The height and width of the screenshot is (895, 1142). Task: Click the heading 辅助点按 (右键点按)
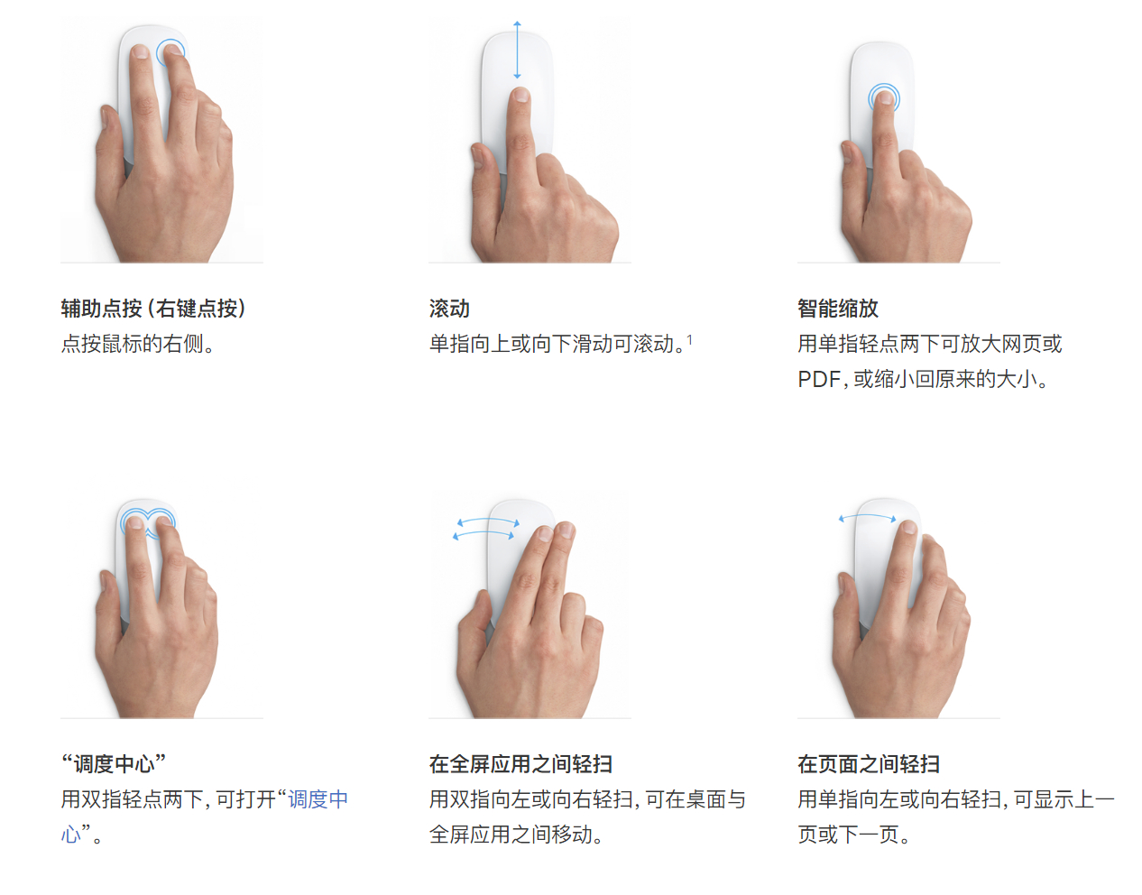153,309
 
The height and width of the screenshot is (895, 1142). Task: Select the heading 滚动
449,309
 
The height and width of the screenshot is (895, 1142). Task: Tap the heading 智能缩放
837,309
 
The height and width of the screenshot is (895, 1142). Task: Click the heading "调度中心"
114,764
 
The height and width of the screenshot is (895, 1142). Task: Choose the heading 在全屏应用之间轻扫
520,764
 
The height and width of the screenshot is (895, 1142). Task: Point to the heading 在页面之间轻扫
868,764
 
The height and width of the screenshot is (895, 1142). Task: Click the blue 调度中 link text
318,799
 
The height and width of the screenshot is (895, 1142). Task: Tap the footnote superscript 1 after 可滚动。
690,339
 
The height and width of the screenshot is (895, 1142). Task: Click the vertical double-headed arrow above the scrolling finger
517,50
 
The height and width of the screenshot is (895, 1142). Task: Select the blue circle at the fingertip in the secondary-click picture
170,52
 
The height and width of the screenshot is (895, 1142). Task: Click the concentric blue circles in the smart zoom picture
884,97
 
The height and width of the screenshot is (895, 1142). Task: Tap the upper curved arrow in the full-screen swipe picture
488,521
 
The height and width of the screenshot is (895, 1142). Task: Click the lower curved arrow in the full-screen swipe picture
484,534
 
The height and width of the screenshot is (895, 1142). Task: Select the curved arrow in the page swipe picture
868,517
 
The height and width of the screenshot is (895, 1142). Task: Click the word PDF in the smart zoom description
818,380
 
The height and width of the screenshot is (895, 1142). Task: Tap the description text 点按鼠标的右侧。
138,344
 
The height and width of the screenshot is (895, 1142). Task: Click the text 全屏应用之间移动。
516,835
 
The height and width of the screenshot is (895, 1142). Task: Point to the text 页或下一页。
853,835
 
